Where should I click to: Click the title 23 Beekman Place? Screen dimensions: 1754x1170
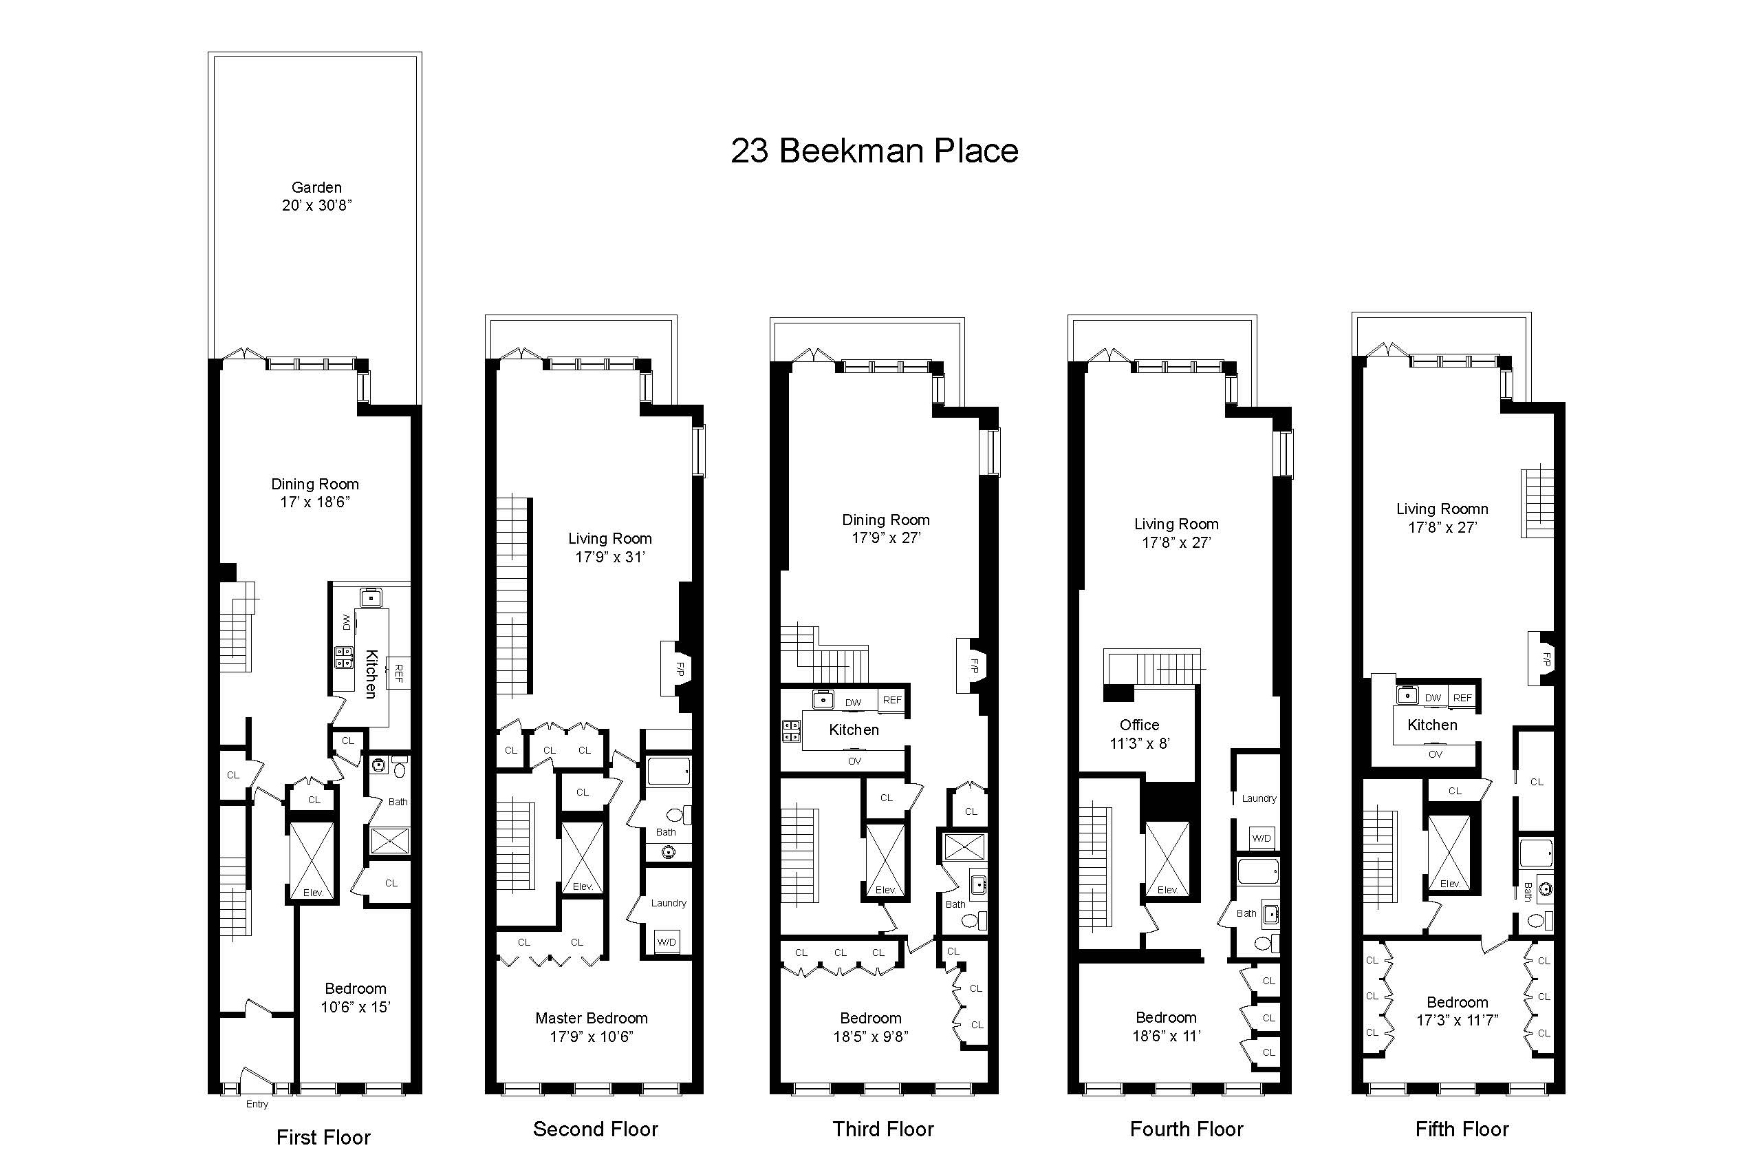pos(874,151)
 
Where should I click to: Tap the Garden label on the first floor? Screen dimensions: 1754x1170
pos(316,187)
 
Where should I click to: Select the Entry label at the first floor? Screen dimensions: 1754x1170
pos(257,1104)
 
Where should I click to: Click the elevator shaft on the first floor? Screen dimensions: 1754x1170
pos(312,861)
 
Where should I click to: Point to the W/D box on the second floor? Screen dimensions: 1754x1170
pos(667,942)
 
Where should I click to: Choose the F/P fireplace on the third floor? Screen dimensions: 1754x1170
pos(973,666)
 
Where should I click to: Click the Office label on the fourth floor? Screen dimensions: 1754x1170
pos(1139,725)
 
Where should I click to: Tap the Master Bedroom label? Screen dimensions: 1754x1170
pos(592,1018)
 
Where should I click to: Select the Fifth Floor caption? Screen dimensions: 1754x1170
pos(1462,1129)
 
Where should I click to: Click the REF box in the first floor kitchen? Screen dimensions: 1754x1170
pos(398,673)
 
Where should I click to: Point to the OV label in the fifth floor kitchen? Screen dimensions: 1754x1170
pos(1435,754)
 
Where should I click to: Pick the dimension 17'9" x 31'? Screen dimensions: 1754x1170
pos(609,557)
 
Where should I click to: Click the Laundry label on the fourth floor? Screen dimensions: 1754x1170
pos(1259,798)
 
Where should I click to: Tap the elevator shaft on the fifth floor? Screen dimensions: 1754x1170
pos(1450,852)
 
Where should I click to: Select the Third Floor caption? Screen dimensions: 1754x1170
pos(883,1129)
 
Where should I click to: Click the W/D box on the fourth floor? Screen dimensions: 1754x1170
pos(1261,838)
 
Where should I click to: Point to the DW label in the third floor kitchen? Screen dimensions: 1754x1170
pos(853,702)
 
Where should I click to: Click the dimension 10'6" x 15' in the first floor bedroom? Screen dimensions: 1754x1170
pos(355,1007)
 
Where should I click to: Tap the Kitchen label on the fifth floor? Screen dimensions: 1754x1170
pos(1432,725)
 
